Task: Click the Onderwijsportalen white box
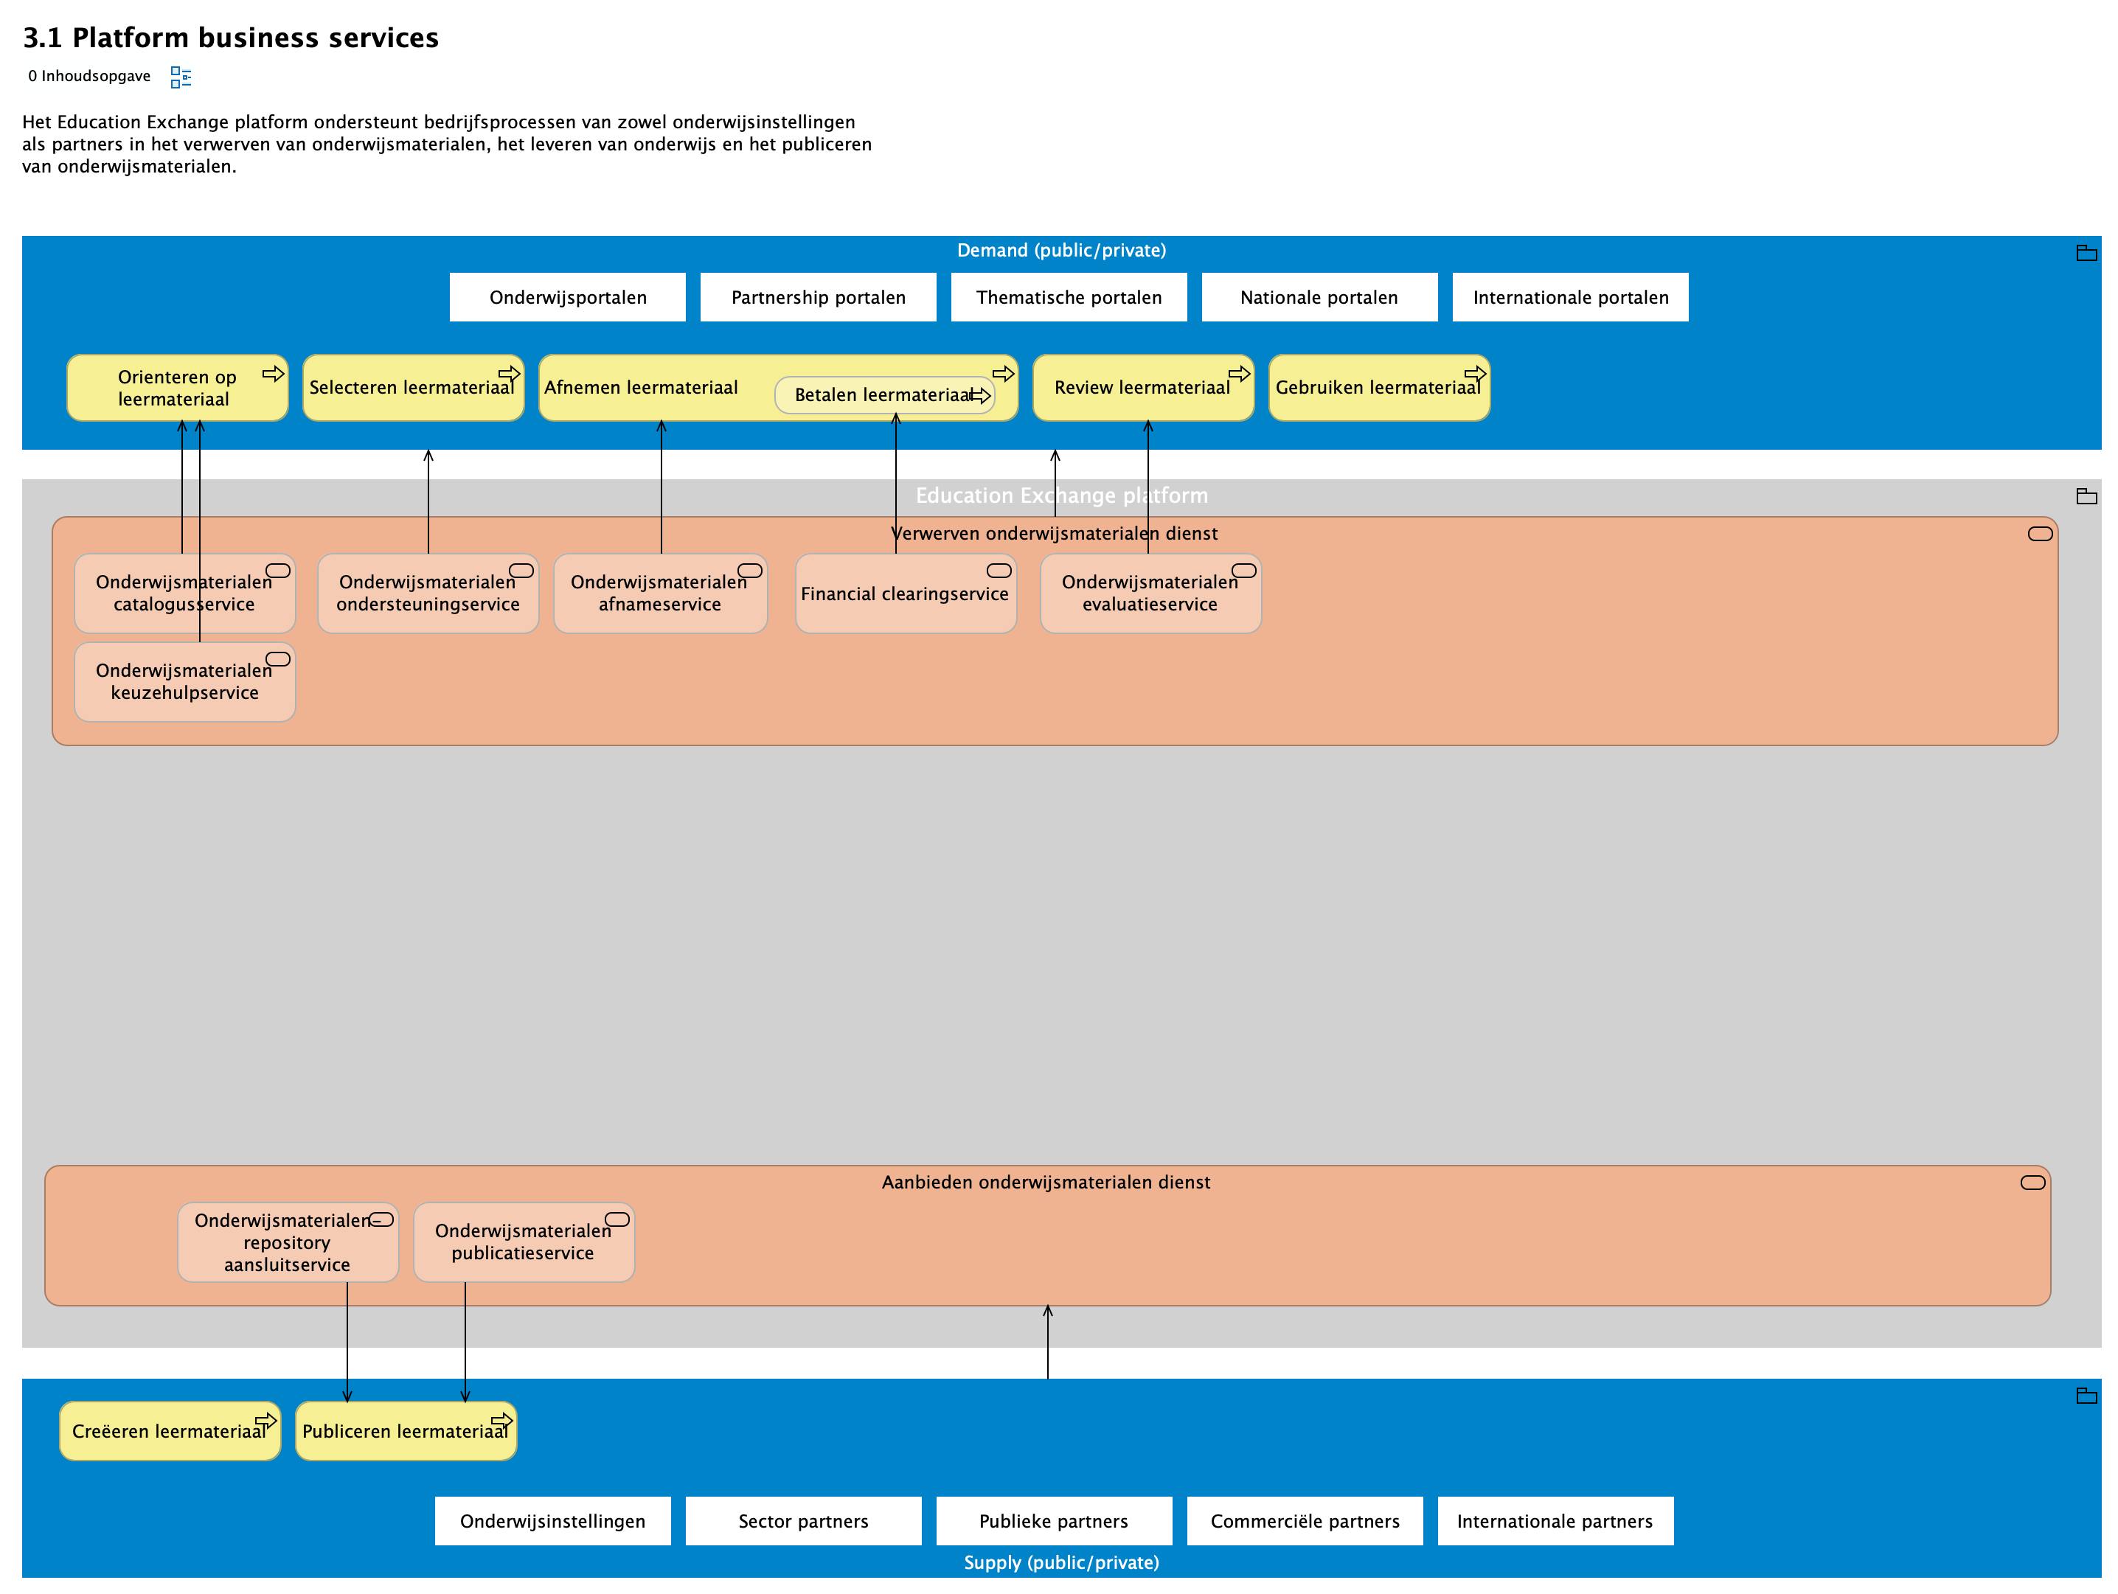pyautogui.click(x=567, y=297)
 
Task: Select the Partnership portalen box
pyautogui.click(x=818, y=297)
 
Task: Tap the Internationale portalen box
pyautogui.click(x=1569, y=297)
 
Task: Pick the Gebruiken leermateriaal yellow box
pyautogui.click(x=1378, y=388)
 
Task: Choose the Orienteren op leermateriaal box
pyautogui.click(x=176, y=388)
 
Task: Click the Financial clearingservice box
pyautogui.click(x=905, y=594)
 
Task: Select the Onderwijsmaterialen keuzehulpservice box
pyautogui.click(x=184, y=682)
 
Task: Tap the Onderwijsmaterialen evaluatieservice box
pyautogui.click(x=1150, y=594)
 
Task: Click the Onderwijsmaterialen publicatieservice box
pyautogui.click(x=523, y=1242)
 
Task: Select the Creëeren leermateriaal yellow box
pyautogui.click(x=169, y=1430)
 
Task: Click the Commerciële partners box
pyautogui.click(x=1304, y=1520)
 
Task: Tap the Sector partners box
pyautogui.click(x=802, y=1520)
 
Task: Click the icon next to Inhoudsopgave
pyautogui.click(x=180, y=77)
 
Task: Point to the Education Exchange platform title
pyautogui.click(x=1061, y=495)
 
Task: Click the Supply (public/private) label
pyautogui.click(x=1061, y=1562)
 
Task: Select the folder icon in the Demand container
pyautogui.click(x=2086, y=253)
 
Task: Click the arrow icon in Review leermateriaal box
pyautogui.click(x=1239, y=373)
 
